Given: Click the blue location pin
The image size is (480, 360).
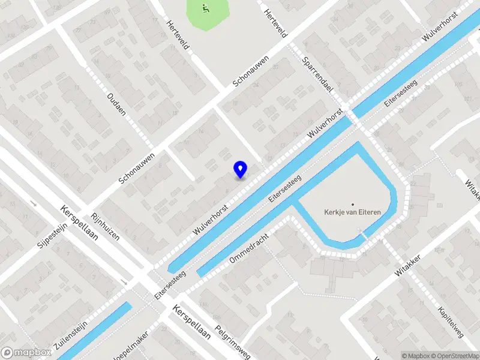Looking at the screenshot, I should click(x=241, y=169).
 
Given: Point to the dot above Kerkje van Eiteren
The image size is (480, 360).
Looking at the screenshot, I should click(x=353, y=204).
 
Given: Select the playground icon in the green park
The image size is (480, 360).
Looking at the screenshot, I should click(x=206, y=8).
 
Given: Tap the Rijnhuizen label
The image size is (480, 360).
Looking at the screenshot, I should click(x=106, y=226).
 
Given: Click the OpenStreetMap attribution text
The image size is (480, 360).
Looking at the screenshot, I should click(x=454, y=356).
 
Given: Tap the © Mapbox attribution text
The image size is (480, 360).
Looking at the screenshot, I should click(x=416, y=356).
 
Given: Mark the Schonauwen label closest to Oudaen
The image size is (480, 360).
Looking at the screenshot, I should click(x=137, y=167).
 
